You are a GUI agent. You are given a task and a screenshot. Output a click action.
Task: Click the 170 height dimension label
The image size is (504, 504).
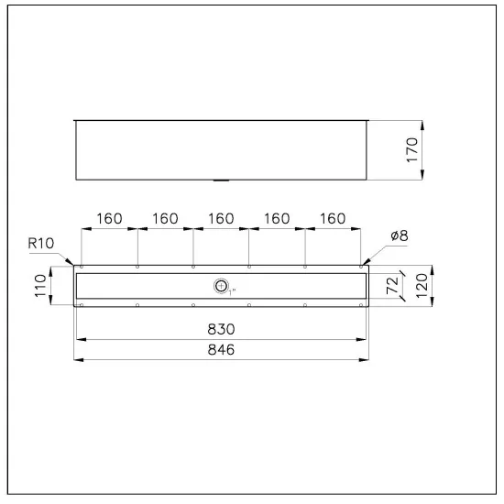(412, 150)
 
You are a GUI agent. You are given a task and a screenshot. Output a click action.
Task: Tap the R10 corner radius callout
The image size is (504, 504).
(41, 244)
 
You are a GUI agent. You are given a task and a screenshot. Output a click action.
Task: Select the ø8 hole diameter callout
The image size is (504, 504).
(400, 236)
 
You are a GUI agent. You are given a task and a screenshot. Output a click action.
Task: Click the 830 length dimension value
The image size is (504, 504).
(221, 329)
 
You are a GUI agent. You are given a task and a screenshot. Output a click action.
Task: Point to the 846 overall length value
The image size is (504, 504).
(221, 350)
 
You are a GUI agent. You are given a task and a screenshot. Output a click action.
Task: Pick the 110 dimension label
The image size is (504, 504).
(40, 285)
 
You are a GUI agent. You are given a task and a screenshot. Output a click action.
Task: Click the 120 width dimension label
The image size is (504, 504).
(422, 286)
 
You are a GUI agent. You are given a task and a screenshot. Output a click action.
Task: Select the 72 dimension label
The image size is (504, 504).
(392, 285)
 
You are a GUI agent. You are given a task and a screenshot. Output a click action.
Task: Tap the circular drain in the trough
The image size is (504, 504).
(221, 285)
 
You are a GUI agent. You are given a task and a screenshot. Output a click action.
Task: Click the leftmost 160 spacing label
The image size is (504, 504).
(109, 219)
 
